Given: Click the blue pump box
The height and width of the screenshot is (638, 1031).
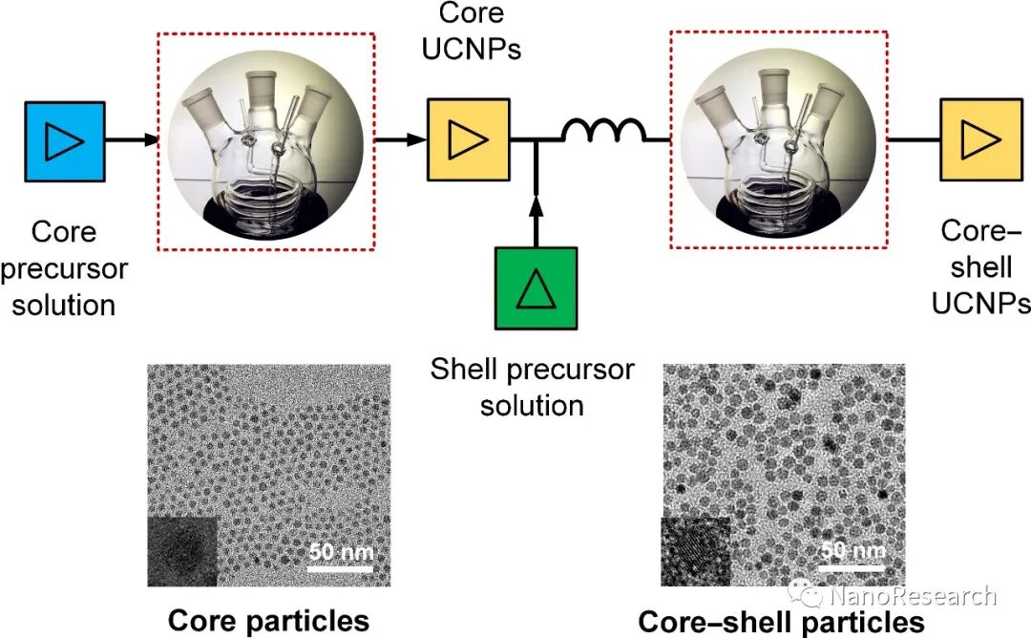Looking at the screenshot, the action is click(x=64, y=141).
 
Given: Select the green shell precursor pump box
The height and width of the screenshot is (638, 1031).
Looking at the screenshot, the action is click(x=536, y=287).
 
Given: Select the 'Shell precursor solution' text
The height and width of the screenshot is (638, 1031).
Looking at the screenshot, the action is click(x=532, y=387).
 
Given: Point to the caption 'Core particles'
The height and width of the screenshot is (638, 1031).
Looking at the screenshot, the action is click(x=268, y=621).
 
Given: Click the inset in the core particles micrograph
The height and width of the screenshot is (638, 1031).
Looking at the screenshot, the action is click(x=182, y=551).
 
